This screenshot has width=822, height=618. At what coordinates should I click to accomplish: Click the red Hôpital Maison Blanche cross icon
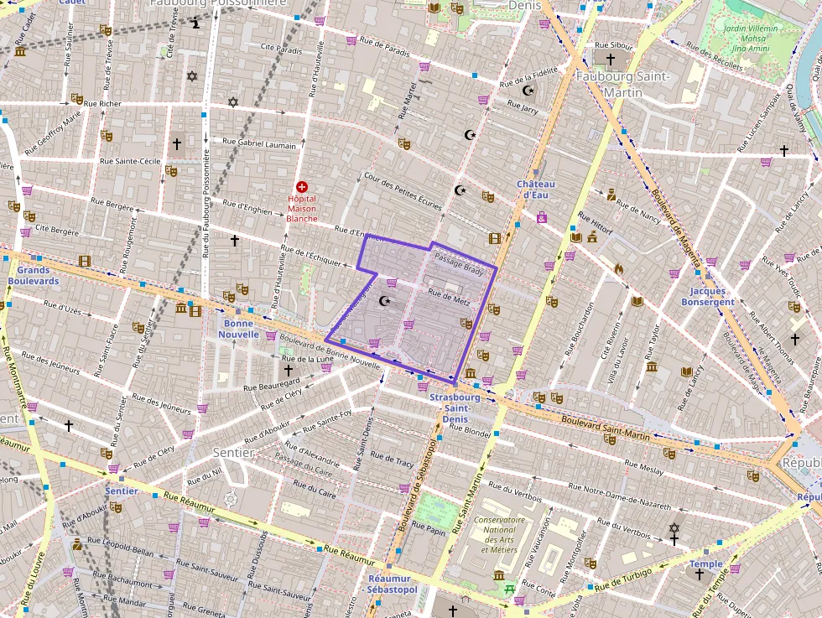[x=302, y=187]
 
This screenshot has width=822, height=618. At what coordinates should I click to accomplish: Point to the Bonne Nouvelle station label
[x=239, y=328]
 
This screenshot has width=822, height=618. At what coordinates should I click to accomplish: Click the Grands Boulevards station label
[x=34, y=276]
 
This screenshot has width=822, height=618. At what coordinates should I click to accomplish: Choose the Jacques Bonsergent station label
[x=707, y=297]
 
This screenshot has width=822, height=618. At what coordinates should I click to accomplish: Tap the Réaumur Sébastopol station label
[x=393, y=584]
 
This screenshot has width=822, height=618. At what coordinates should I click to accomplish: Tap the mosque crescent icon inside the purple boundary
[x=386, y=301]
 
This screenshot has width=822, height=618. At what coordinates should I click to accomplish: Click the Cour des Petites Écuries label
[x=403, y=190]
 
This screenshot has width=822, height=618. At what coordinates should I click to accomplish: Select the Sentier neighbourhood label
[x=233, y=452]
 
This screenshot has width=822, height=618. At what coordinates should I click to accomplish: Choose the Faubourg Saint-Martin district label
[x=622, y=83]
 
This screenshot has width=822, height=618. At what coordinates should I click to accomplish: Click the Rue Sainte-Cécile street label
[x=130, y=161]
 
